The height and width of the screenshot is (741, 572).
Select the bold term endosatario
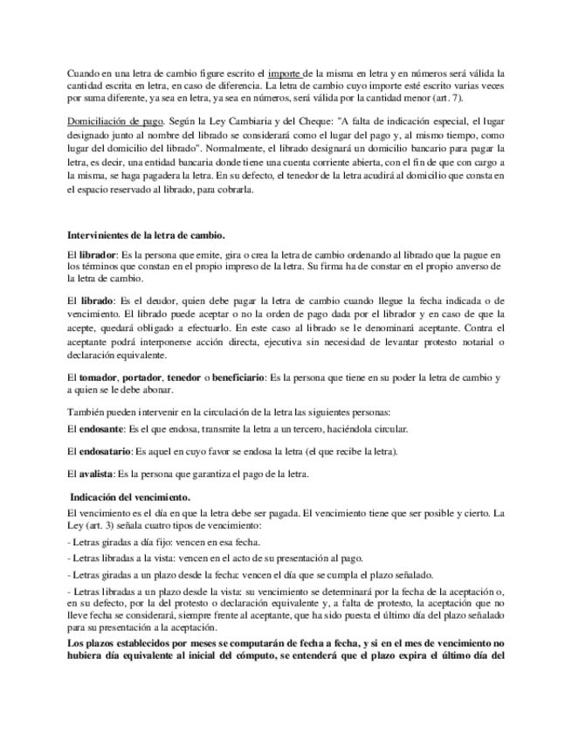coord(104,453)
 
